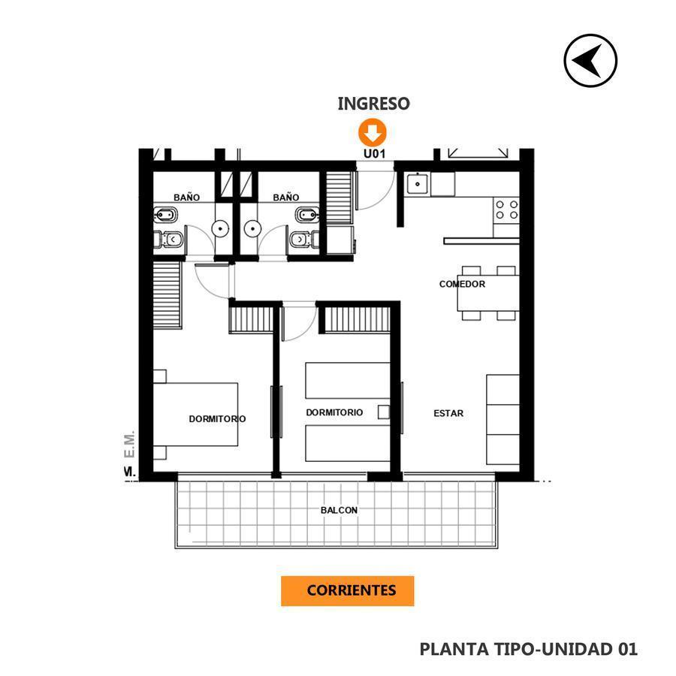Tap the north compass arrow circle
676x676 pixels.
click(590, 61)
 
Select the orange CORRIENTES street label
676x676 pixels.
click(348, 590)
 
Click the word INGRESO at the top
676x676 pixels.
click(373, 104)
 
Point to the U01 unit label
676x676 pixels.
click(374, 153)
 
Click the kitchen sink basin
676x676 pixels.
click(418, 184)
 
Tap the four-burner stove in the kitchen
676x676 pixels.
click(506, 210)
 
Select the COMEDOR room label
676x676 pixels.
click(462, 284)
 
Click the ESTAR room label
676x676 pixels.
click(448, 413)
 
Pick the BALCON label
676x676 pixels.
click(339, 510)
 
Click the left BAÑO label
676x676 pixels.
click(187, 198)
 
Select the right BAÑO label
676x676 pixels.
click(286, 198)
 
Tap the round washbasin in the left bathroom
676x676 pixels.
click(220, 229)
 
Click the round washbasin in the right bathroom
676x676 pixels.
click(252, 229)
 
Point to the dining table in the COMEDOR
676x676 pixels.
click(488, 293)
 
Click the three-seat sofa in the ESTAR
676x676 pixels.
click(502, 419)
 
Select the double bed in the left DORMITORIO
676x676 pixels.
click(196, 415)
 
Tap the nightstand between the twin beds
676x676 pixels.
click(384, 412)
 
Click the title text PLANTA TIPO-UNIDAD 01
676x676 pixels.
click(528, 649)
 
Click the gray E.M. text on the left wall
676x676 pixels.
click(130, 444)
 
